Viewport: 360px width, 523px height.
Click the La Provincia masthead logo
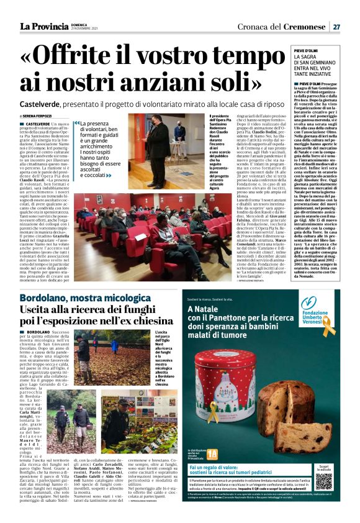pos(43,26)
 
